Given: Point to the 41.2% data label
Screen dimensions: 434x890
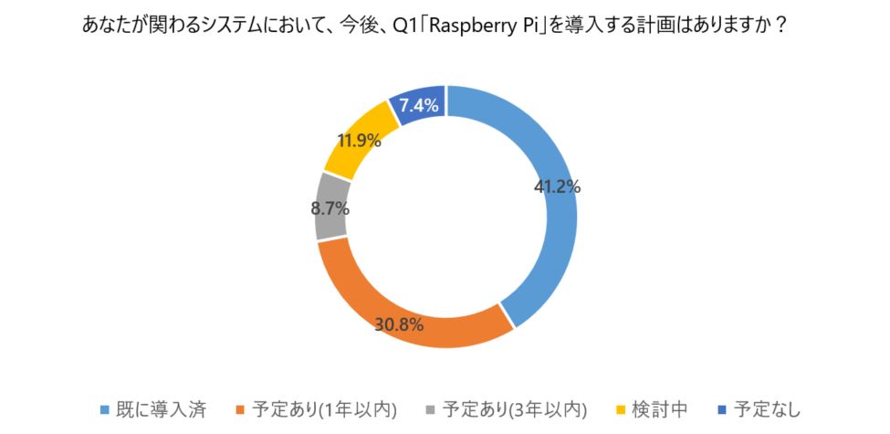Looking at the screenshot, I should pyautogui.click(x=557, y=186).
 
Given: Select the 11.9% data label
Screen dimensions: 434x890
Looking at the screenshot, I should pyautogui.click(x=361, y=141).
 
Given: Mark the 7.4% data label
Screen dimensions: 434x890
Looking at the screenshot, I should pyautogui.click(x=419, y=105).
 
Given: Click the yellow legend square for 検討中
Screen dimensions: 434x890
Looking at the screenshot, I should pyautogui.click(x=621, y=408).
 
